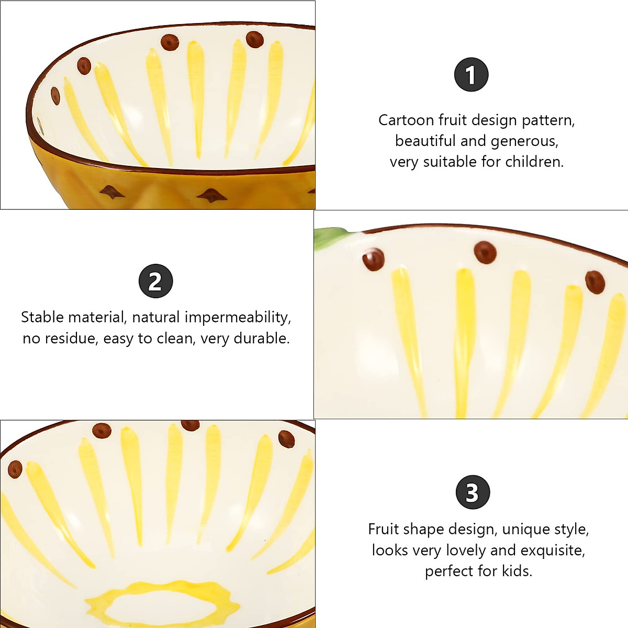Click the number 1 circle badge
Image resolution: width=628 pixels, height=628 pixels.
tap(471, 74)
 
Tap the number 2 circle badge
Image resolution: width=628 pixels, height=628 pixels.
tap(155, 281)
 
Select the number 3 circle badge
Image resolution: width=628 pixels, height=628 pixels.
tap(472, 492)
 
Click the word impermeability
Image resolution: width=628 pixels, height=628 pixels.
tap(238, 317)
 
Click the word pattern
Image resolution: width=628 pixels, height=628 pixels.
tap(548, 120)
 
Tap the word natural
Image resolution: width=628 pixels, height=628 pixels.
tap(156, 317)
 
